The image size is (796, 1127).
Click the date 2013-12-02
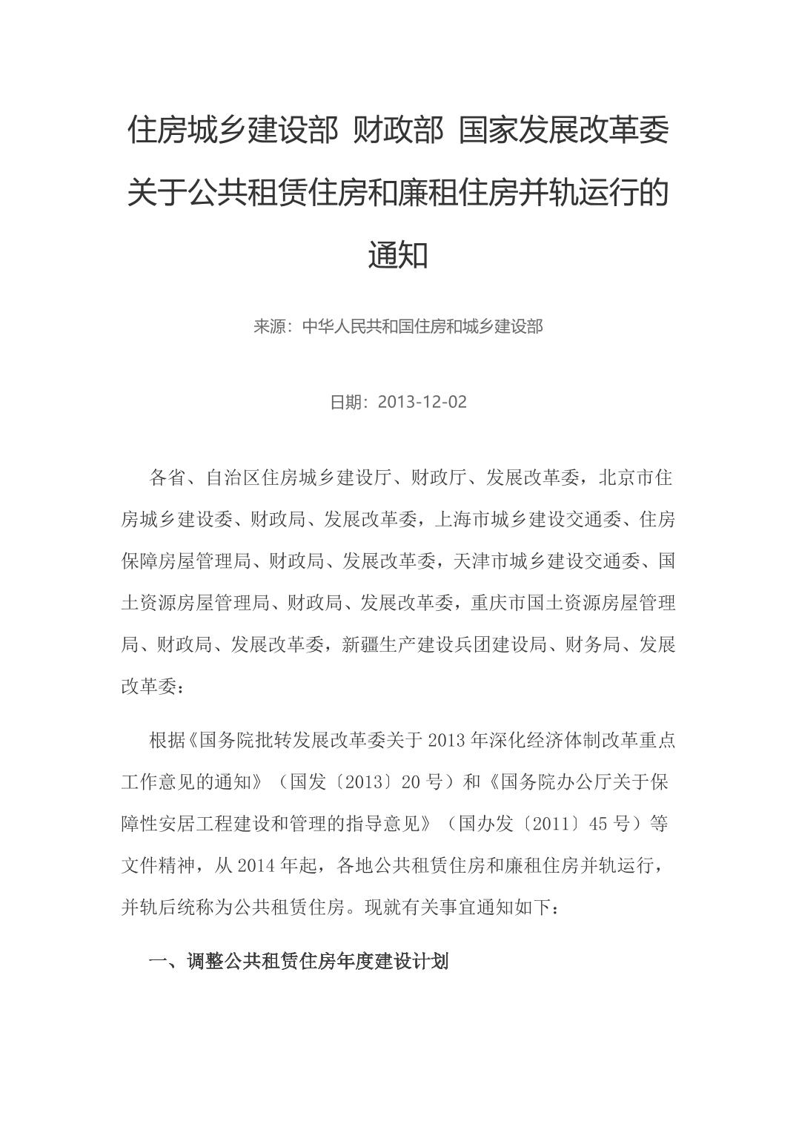[x=422, y=402]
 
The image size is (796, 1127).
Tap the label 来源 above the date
[x=268, y=326]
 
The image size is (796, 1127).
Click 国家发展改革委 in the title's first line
[x=563, y=131]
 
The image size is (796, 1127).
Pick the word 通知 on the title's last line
[x=398, y=255]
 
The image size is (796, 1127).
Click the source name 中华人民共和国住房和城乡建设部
[x=422, y=326]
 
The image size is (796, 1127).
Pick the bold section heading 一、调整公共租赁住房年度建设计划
[x=299, y=962]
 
